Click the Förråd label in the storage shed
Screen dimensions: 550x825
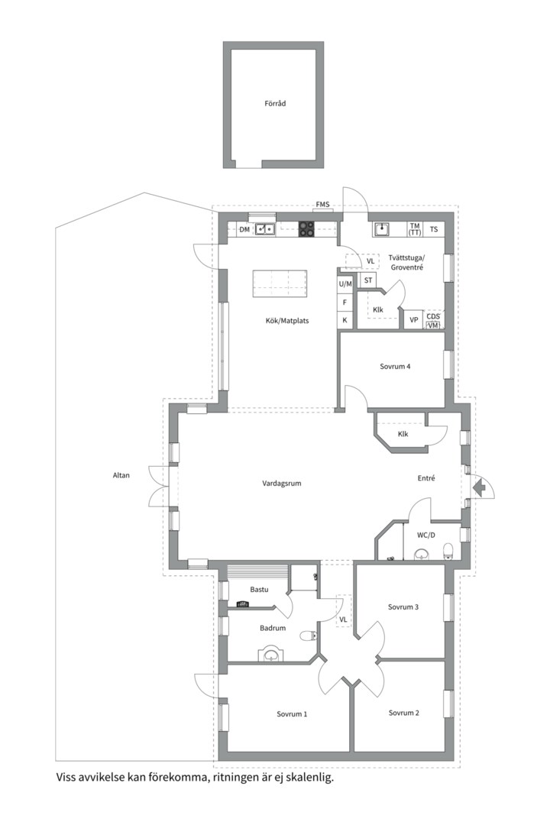pyautogui.click(x=275, y=104)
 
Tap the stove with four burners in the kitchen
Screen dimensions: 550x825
pyautogui.click(x=307, y=229)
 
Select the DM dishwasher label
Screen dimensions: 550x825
pyautogui.click(x=244, y=229)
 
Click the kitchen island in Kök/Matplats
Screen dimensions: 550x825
pyautogui.click(x=280, y=283)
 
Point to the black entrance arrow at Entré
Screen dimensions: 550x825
pyautogui.click(x=478, y=487)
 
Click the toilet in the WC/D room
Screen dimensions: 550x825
pyautogui.click(x=448, y=550)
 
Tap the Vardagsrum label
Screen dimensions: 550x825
pyautogui.click(x=282, y=483)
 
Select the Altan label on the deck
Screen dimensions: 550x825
pyautogui.click(x=121, y=475)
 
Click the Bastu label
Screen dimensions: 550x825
pyautogui.click(x=259, y=589)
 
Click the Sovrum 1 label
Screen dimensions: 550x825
pyautogui.click(x=292, y=714)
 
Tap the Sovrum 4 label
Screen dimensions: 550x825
pyautogui.click(x=395, y=366)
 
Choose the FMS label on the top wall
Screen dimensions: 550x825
pyautogui.click(x=322, y=204)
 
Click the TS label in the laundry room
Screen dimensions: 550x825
pyautogui.click(x=434, y=229)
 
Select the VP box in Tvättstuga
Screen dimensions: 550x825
pyautogui.click(x=414, y=319)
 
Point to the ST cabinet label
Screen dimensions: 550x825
pyautogui.click(x=368, y=280)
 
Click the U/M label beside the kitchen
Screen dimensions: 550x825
pyautogui.click(x=345, y=283)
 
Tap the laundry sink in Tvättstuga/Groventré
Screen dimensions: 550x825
pyautogui.click(x=382, y=229)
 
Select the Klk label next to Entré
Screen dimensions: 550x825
pyautogui.click(x=403, y=434)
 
